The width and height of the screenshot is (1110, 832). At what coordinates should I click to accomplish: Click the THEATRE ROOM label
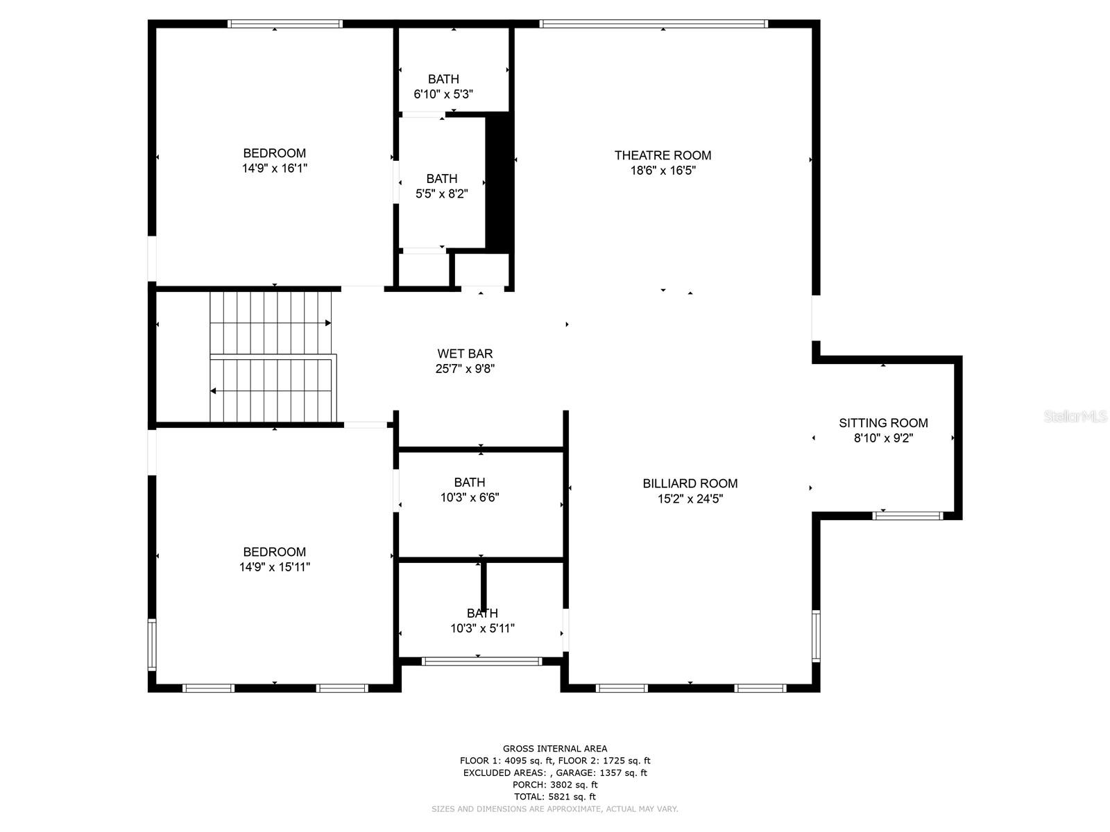pyautogui.click(x=663, y=155)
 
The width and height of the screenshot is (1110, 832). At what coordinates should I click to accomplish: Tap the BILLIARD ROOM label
pyautogui.click(x=690, y=483)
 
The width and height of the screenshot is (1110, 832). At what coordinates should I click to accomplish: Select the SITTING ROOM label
pyautogui.click(x=883, y=423)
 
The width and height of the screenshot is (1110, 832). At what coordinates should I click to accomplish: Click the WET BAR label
pyautogui.click(x=465, y=354)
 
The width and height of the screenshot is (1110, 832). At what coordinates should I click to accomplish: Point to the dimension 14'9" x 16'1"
pyautogui.click(x=274, y=168)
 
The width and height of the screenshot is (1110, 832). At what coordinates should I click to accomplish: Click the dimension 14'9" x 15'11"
pyautogui.click(x=274, y=567)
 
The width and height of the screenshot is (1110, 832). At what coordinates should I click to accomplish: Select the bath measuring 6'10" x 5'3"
pyautogui.click(x=443, y=87)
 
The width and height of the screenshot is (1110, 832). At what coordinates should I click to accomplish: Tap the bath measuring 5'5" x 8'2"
pyautogui.click(x=442, y=186)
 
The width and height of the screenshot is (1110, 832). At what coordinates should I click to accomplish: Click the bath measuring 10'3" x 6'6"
pyautogui.click(x=470, y=489)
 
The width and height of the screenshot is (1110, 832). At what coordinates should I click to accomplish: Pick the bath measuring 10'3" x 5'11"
pyautogui.click(x=482, y=621)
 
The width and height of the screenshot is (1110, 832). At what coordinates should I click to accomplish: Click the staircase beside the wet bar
pyautogui.click(x=273, y=357)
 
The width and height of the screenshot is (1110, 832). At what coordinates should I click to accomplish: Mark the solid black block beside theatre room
pyautogui.click(x=499, y=182)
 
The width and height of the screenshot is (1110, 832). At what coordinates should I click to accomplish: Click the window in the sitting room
pyautogui.click(x=907, y=515)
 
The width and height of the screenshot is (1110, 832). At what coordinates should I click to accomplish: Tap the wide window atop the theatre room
pyautogui.click(x=654, y=24)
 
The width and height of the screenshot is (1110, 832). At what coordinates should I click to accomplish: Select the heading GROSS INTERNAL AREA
pyautogui.click(x=555, y=748)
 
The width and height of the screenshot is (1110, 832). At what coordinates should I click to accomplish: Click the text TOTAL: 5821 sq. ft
pyautogui.click(x=555, y=797)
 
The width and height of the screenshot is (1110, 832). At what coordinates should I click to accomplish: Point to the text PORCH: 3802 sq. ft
pyautogui.click(x=555, y=785)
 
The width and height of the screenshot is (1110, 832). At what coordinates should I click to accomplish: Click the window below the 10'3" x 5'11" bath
pyautogui.click(x=481, y=661)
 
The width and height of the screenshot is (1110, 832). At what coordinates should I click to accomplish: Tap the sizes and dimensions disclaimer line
pyautogui.click(x=555, y=809)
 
